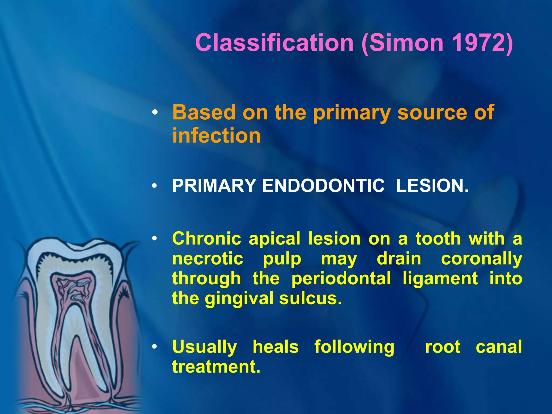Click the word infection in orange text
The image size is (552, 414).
(216, 135)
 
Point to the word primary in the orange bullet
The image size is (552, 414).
(352, 113)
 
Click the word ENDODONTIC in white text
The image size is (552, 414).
(323, 186)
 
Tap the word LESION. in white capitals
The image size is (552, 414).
(432, 186)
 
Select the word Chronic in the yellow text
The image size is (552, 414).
(206, 239)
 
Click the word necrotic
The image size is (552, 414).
(208, 259)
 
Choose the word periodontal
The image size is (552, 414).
(341, 278)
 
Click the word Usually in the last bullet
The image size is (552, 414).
(205, 347)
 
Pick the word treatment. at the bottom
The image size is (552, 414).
(216, 367)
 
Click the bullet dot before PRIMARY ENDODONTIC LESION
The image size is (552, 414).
(154, 186)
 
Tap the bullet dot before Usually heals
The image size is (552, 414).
(154, 347)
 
